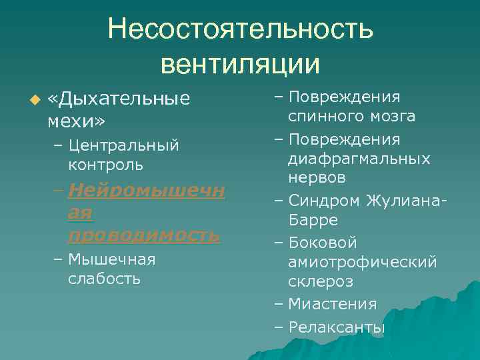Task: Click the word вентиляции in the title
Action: pos(240,64)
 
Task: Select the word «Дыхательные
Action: pos(119,99)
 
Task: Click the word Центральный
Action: pos(123,145)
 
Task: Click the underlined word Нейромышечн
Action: pos(146,192)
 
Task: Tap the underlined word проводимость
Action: pos(143,235)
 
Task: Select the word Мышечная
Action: pos(111,259)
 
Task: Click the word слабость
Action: pos(104,278)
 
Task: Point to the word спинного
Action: pos(326,117)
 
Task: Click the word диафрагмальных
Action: pos(359,159)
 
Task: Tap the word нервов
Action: pos(317,178)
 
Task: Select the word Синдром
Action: pos(325,201)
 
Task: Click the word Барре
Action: pos(314,219)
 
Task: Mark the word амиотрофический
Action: pos(363,263)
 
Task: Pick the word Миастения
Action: pos(332,304)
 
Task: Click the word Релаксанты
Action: pos(337,327)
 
